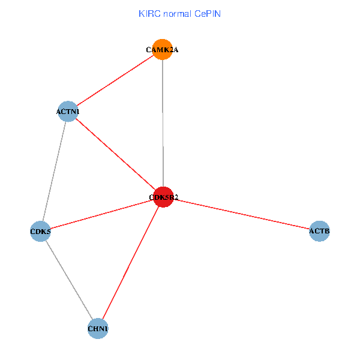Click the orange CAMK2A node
[162, 50]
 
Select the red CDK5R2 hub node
[163, 197]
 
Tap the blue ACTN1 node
[68, 112]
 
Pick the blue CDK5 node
[40, 231]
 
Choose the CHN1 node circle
[98, 329]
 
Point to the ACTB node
[319, 231]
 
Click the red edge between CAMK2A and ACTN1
[115, 81]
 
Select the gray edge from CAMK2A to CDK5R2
[163, 123]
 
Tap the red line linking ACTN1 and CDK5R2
[115, 154]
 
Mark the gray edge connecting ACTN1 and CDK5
[54, 171]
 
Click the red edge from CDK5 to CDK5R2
[102, 214]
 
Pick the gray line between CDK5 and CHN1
[69, 280]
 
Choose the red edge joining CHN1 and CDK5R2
[131, 263]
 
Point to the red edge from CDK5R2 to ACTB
[241, 214]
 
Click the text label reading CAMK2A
[162, 50]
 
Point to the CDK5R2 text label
[163, 197]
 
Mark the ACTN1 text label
[68, 112]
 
